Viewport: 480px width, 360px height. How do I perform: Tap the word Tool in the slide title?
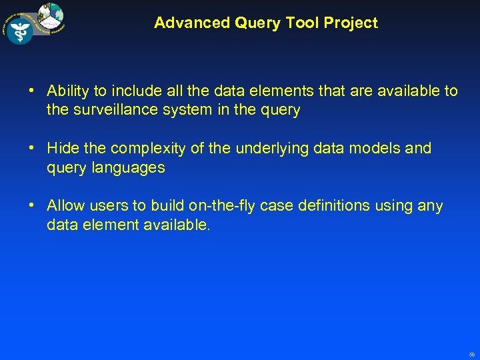click(300, 23)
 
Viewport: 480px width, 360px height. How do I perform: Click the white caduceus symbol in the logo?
click(20, 31)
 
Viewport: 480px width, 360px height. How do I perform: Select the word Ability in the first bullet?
click(69, 91)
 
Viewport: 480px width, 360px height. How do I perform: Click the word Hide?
click(63, 148)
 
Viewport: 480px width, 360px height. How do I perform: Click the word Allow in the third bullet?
click(65, 206)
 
